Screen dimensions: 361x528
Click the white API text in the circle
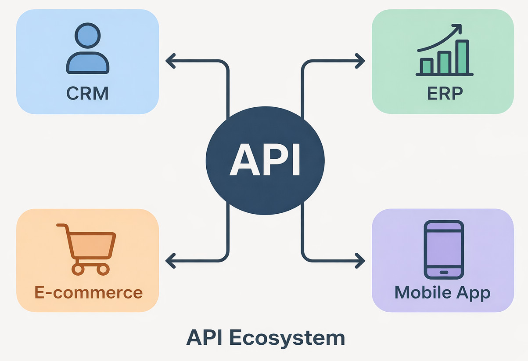coord(265,159)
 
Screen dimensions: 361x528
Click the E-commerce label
coord(88,292)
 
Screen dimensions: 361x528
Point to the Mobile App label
coord(442,292)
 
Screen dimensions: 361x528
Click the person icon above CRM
coord(87,49)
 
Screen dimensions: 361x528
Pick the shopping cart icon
coord(88,248)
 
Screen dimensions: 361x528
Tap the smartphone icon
coord(444,249)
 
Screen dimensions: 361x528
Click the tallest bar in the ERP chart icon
coord(462,57)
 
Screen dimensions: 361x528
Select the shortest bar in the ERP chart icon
coord(426,66)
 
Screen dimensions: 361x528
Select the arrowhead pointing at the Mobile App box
coord(361,260)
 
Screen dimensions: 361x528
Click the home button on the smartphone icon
coord(444,272)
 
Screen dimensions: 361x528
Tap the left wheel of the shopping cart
coord(78,269)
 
